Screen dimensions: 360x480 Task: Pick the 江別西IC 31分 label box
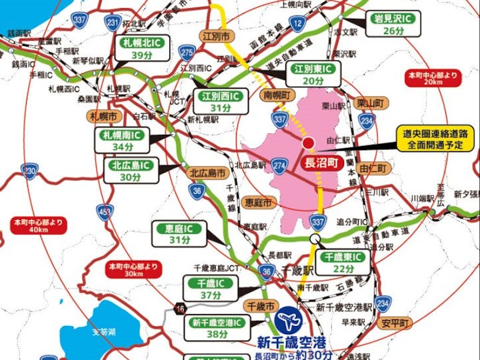tap(221, 102)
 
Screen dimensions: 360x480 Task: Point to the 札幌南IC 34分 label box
tap(123, 141)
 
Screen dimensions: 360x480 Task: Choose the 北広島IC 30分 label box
tap(131, 170)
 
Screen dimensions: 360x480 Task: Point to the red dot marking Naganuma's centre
tap(308, 143)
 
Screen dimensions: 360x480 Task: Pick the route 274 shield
tap(279, 166)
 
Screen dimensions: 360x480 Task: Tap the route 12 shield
tap(297, 25)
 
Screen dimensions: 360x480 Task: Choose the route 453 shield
tap(105, 212)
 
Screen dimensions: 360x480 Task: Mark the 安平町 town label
tap(394, 325)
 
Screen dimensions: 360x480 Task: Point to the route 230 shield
tap(29, 172)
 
